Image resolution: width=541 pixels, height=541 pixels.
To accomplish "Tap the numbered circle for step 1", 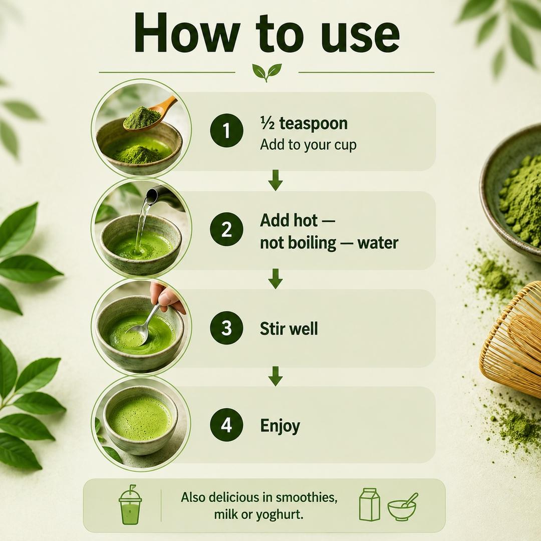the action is [x=227, y=130].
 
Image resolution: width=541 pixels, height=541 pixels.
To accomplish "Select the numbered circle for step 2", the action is [x=227, y=229].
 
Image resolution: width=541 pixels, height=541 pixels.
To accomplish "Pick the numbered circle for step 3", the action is [x=227, y=328].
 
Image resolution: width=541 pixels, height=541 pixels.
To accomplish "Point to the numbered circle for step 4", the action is [x=227, y=425].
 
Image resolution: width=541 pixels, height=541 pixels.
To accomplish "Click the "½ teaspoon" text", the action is [x=304, y=123].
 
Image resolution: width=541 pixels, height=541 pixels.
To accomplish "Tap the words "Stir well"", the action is [x=289, y=329].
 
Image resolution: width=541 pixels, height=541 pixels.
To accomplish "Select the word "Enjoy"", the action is [x=280, y=426].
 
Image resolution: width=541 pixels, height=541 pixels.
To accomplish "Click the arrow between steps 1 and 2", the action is [x=276, y=180].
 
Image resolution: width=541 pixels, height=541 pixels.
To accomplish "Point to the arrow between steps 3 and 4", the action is [x=276, y=376].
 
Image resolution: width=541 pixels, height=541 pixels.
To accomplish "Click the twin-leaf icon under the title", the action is [x=266, y=72].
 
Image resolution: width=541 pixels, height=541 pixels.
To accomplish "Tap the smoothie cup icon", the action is [x=130, y=504].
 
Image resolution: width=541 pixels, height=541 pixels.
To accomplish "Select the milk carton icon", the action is [x=370, y=504].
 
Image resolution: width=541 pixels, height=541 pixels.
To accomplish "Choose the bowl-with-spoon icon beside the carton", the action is [x=402, y=507].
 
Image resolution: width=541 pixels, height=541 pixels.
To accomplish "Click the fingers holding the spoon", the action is [x=166, y=296].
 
